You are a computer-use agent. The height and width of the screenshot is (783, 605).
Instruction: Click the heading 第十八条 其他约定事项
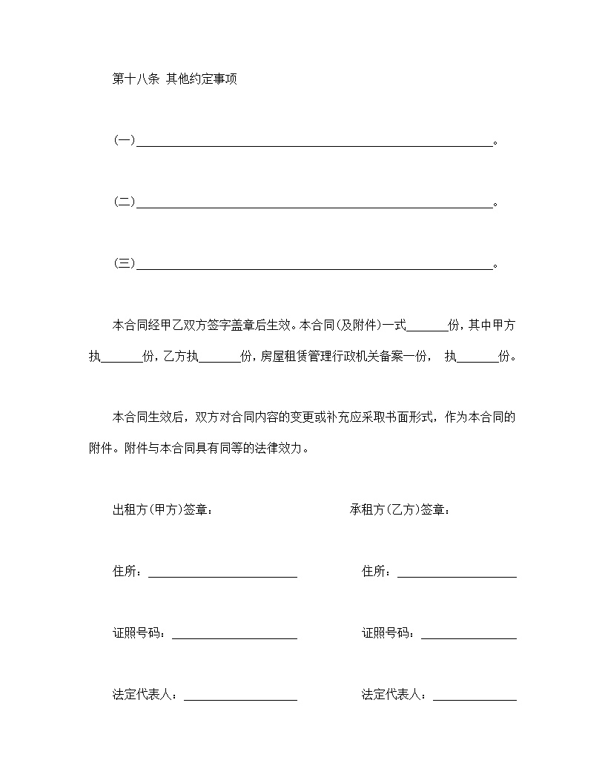click(174, 79)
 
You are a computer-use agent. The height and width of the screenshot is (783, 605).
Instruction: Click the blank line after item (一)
click(314, 141)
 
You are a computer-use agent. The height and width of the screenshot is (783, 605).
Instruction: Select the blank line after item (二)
click(314, 202)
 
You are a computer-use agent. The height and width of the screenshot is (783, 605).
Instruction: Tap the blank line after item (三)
click(314, 263)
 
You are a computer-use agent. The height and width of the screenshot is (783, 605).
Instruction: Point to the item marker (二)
click(124, 202)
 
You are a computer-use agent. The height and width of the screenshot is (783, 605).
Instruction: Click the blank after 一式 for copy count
click(427, 326)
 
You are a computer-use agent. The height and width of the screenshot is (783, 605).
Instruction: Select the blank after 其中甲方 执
click(121, 357)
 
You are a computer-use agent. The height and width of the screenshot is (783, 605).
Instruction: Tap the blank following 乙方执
click(219, 357)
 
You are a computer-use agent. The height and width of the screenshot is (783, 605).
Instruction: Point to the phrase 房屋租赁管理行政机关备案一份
click(344, 357)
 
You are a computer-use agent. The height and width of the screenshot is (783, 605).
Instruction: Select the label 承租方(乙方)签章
click(400, 510)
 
